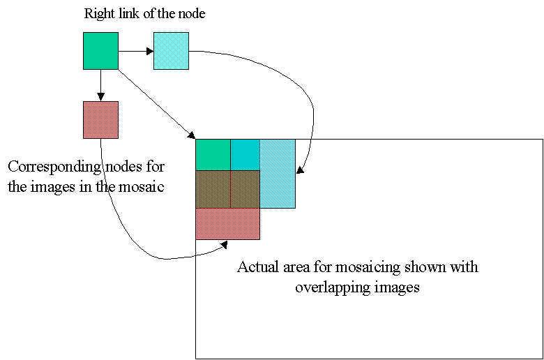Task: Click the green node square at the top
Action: click(100, 50)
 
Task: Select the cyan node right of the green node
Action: click(171, 50)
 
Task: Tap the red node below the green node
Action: click(100, 119)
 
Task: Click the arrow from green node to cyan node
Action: click(135, 50)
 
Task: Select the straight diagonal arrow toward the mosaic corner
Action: click(157, 104)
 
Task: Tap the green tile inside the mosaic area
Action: click(213, 154)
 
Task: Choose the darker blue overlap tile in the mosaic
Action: click(245, 154)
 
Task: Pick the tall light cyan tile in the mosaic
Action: click(278, 174)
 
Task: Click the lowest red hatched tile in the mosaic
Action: click(227, 224)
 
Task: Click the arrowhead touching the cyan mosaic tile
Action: click(300, 170)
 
